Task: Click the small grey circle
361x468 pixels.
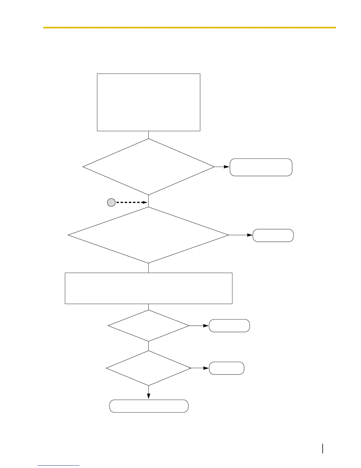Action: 111,202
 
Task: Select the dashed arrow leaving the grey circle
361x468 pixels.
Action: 131,202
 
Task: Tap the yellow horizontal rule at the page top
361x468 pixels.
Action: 189,27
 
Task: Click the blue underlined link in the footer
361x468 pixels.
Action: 58,465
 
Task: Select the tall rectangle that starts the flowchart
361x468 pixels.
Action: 149,102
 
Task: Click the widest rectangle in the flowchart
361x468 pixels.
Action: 149,288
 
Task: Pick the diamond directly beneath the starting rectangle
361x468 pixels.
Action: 149,167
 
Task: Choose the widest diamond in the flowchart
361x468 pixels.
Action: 149,235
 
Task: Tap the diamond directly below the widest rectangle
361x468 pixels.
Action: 149,326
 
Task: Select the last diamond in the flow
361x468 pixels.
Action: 149,368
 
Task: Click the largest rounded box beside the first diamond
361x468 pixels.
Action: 261,167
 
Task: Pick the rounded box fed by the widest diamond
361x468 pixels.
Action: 273,235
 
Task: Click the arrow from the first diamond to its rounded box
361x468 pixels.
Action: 222,167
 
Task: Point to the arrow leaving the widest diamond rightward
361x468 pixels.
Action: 241,235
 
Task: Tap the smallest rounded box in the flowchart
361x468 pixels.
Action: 227,368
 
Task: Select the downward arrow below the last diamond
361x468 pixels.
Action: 149,393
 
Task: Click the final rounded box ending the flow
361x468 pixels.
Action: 149,406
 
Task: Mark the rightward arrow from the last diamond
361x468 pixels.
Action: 200,368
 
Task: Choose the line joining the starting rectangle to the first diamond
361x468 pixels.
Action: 149,135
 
